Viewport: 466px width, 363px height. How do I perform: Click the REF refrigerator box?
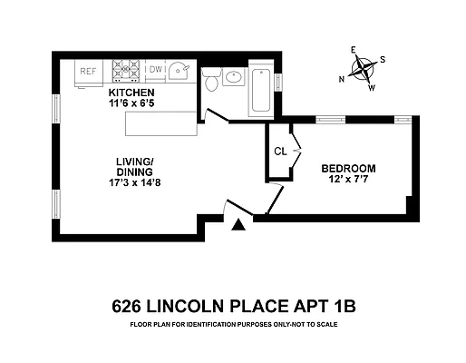click(x=89, y=71)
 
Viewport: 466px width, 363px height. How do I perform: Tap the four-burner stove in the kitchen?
click(x=126, y=70)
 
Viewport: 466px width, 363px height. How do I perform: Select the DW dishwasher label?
click(x=155, y=69)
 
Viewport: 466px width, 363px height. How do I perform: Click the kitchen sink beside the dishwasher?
click(x=180, y=69)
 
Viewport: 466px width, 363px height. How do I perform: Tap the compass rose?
click(x=363, y=69)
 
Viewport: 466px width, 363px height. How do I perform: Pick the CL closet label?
click(x=280, y=152)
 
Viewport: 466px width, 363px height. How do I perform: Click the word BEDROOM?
click(x=348, y=169)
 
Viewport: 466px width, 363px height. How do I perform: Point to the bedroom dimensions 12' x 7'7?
click(x=349, y=180)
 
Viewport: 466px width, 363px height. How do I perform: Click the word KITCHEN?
click(x=131, y=93)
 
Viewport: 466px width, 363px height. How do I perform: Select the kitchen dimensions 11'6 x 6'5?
click(x=132, y=103)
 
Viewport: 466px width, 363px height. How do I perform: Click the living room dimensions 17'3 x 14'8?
click(x=133, y=181)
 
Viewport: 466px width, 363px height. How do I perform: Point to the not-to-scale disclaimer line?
click(x=234, y=323)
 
